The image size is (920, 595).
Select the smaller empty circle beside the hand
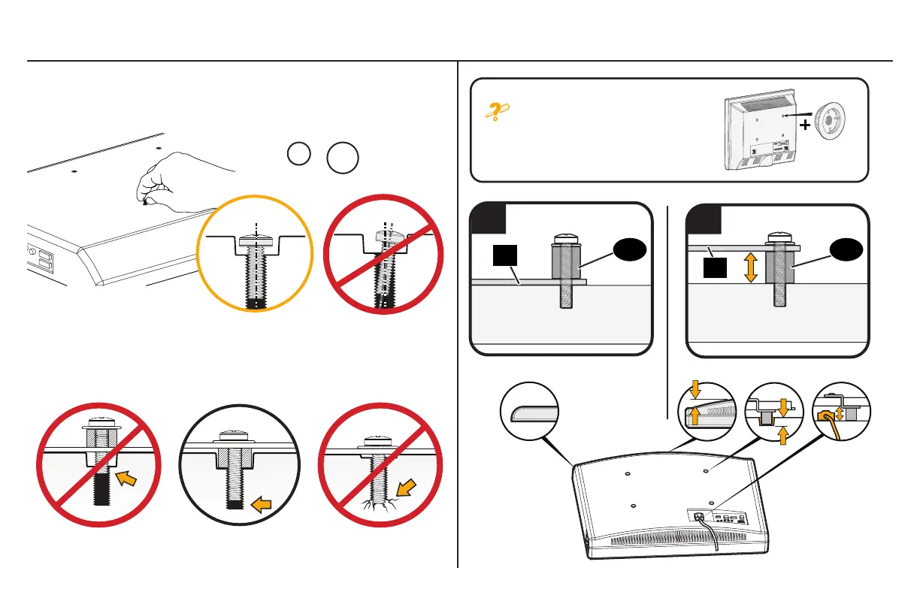[x=298, y=153]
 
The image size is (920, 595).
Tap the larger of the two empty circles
[x=342, y=159]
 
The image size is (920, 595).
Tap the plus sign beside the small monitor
[x=807, y=125]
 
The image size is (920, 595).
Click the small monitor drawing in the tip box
[x=758, y=134]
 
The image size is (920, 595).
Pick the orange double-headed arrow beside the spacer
[x=750, y=266]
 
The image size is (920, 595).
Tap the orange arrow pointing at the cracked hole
[x=407, y=493]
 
